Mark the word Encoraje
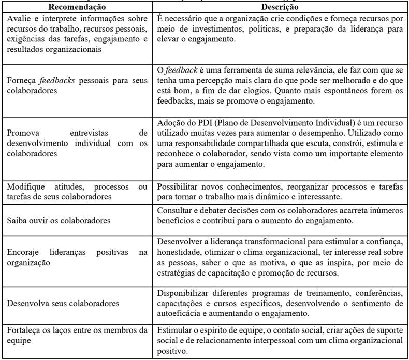point(23,252)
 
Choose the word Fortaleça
point(23,330)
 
